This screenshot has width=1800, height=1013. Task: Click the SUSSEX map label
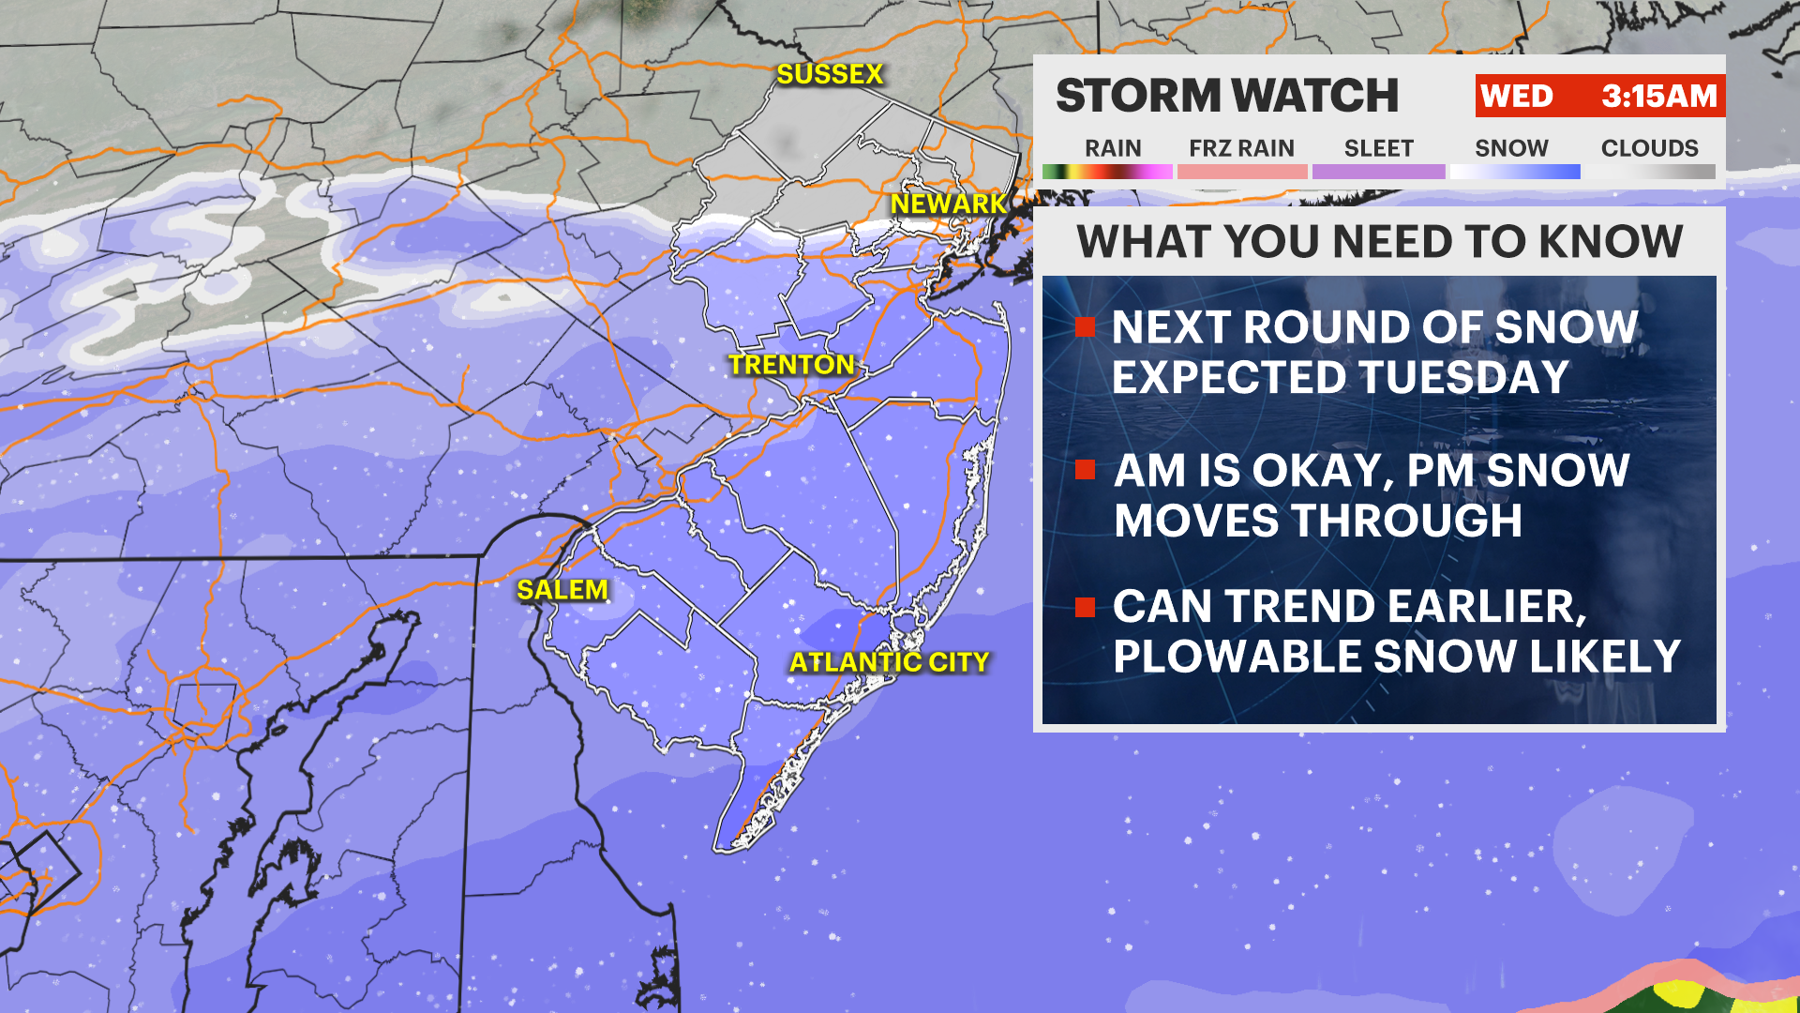point(830,74)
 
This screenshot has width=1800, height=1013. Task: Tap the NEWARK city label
point(948,204)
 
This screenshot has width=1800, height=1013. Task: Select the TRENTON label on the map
point(791,365)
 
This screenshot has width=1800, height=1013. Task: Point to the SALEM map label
point(562,590)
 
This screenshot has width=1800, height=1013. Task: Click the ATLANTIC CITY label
point(889,662)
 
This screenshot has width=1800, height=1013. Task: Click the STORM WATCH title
point(1226,96)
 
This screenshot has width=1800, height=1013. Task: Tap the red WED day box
point(1516,96)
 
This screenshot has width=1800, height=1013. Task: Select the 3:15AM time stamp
point(1658,96)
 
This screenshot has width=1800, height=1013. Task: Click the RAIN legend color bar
point(1107,172)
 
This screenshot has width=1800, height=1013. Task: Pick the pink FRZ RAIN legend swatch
point(1241,172)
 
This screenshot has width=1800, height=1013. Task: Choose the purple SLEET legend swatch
point(1378,172)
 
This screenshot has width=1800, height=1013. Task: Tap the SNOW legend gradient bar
point(1514,172)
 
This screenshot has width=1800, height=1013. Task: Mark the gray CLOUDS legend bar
point(1649,172)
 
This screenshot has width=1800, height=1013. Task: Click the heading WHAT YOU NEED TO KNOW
point(1379,241)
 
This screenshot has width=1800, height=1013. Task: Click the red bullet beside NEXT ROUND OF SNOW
point(1086,326)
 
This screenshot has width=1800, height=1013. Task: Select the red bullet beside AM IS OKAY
point(1086,469)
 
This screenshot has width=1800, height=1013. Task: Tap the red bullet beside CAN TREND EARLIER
point(1086,607)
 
